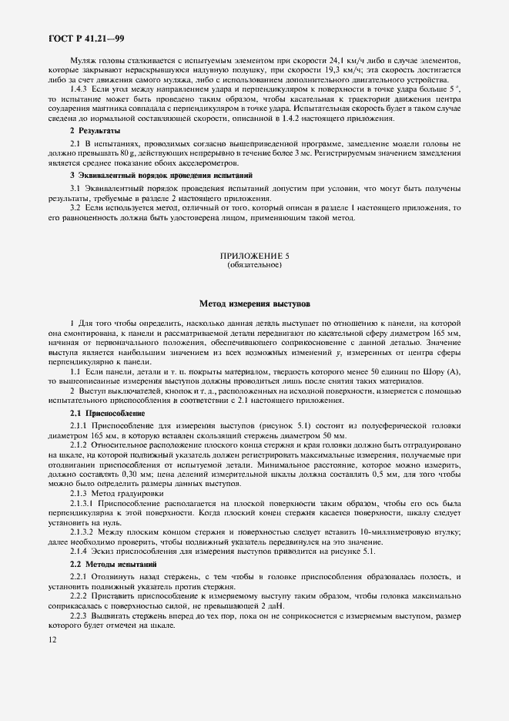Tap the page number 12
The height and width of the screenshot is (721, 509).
point(52,639)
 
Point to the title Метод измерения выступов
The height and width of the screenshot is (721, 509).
point(254,304)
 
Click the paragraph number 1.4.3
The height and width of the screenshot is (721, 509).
point(81,89)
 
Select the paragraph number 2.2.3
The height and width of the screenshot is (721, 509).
point(82,616)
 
